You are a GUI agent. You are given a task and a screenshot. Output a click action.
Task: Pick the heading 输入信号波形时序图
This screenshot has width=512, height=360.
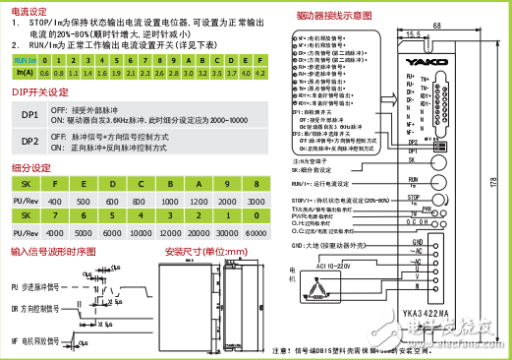(x=54, y=253)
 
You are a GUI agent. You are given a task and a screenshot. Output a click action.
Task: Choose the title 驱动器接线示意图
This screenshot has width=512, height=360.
(x=334, y=18)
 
